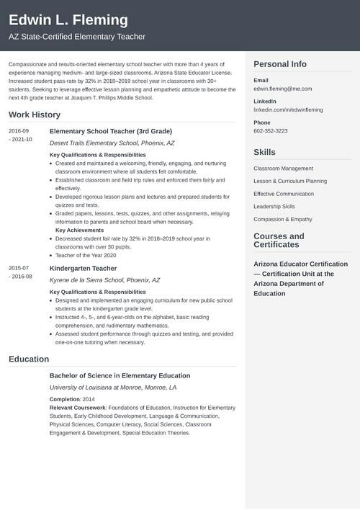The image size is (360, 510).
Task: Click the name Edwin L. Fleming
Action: [x=68, y=19]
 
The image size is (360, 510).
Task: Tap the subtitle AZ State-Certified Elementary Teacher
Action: [x=77, y=36]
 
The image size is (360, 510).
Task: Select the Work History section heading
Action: [x=35, y=115]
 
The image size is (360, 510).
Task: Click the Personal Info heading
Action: [x=280, y=64]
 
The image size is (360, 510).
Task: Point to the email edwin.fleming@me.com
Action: [x=283, y=89]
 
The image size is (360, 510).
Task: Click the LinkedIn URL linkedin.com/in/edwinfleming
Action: [x=288, y=109]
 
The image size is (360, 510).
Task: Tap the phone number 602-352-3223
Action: [x=271, y=131]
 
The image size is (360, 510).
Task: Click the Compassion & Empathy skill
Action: [x=283, y=219]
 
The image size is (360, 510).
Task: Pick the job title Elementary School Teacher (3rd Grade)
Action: [x=111, y=131]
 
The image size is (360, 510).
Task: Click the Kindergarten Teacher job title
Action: [x=83, y=268]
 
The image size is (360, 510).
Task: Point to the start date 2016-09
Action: [x=19, y=130]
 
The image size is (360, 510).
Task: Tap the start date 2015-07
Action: [x=19, y=267]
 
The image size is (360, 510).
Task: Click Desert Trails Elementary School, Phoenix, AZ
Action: [x=112, y=143]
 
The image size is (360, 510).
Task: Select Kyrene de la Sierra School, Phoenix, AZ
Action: [x=104, y=280]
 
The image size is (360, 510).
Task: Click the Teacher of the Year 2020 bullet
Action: [x=86, y=255]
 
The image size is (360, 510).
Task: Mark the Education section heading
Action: [x=29, y=359]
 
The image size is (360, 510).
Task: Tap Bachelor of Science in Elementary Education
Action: [x=120, y=375]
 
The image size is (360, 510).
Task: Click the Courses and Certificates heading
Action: [x=279, y=240]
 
